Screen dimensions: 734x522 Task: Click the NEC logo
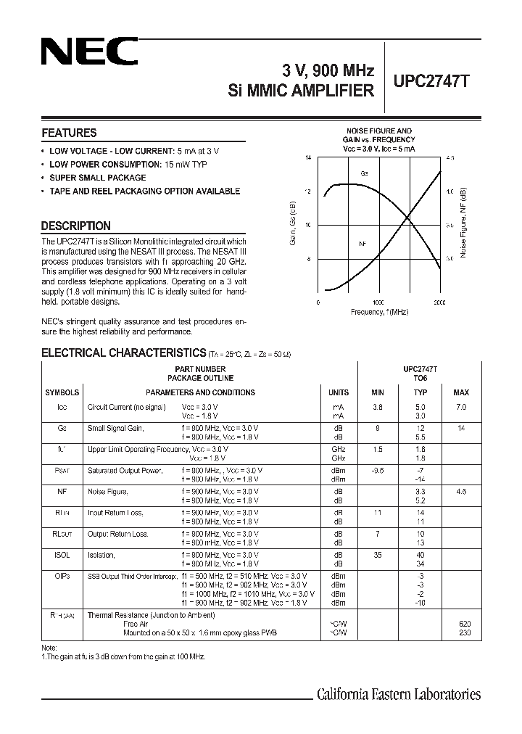click(x=89, y=53)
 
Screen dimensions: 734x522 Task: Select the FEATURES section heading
click(x=69, y=133)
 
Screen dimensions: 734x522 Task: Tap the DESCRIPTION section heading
click(x=75, y=226)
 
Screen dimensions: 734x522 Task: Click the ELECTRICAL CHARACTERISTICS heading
click(x=123, y=353)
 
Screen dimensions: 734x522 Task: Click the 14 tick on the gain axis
click(x=308, y=157)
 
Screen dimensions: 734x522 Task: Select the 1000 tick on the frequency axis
click(x=378, y=301)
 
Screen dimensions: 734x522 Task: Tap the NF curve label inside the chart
click(x=362, y=244)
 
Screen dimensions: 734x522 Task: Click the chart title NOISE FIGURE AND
click(x=378, y=131)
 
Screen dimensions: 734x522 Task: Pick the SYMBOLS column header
click(x=62, y=392)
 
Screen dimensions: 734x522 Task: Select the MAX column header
click(x=461, y=392)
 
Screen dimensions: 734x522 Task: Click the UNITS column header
click(x=339, y=392)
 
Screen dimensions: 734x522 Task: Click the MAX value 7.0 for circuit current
click(x=461, y=407)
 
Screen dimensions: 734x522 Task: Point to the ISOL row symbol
click(x=62, y=556)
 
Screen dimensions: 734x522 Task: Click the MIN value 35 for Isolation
click(x=377, y=556)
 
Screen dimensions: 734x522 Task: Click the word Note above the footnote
click(x=49, y=647)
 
